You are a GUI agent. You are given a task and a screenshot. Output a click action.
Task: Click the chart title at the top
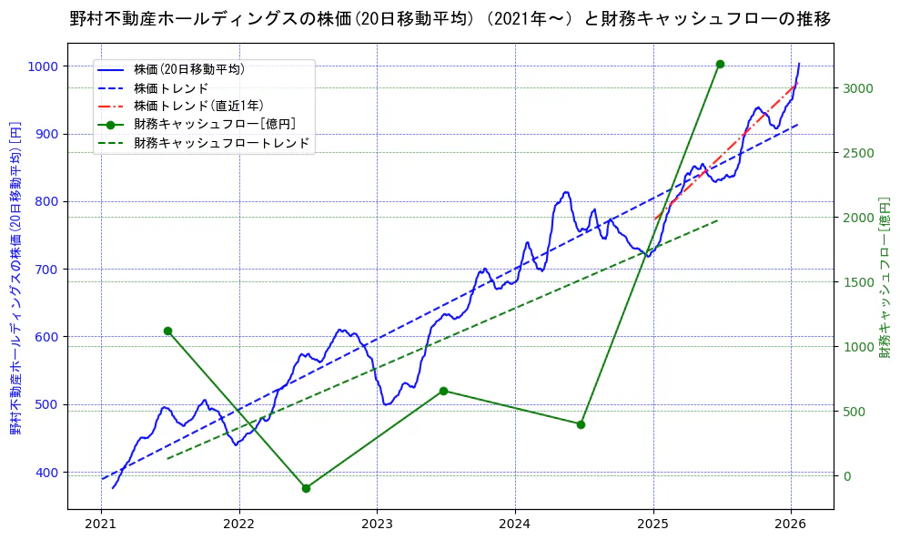click(450, 19)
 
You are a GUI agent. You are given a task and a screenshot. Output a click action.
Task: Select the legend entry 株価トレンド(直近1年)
click(198, 106)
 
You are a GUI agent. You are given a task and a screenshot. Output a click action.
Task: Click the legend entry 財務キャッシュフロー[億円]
click(214, 124)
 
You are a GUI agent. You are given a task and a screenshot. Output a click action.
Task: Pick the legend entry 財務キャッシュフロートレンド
click(221, 143)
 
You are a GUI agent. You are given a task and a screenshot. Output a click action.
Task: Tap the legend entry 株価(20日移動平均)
click(188, 68)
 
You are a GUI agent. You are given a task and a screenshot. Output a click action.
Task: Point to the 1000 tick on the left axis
click(44, 66)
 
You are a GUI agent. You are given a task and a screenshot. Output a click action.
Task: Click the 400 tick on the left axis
click(47, 473)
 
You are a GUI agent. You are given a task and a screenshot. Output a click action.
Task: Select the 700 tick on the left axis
click(47, 270)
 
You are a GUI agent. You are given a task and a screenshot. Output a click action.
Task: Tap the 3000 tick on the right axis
click(857, 88)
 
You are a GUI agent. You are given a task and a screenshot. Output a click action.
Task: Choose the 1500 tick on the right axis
click(857, 282)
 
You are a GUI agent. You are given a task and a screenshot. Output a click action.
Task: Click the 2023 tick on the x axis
click(377, 524)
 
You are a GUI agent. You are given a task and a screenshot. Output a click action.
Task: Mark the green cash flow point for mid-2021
click(167, 331)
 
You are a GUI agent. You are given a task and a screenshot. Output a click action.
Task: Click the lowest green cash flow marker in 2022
click(306, 488)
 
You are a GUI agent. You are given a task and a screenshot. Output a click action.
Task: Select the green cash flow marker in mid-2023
click(443, 391)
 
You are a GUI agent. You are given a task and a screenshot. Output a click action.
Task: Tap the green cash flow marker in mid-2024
click(581, 424)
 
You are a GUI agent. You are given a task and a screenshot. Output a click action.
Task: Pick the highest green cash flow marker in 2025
click(720, 64)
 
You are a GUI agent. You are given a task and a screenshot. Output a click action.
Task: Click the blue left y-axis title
click(15, 277)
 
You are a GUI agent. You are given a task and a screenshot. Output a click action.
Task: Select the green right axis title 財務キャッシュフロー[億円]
click(884, 277)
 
